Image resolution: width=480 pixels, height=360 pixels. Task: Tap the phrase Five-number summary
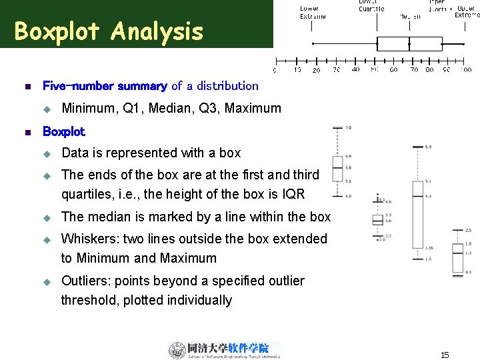tap(105, 85)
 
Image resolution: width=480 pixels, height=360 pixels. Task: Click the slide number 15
tap(445, 355)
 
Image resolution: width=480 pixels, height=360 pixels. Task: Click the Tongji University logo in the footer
tap(224, 350)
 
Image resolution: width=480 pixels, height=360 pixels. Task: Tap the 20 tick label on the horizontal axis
tap(316, 70)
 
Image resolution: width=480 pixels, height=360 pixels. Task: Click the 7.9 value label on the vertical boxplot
tap(349, 127)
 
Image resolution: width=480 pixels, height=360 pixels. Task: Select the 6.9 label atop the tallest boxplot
tap(428, 146)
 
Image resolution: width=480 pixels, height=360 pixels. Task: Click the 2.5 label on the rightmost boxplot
tap(468, 230)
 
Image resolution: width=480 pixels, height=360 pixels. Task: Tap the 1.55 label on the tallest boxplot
tap(429, 247)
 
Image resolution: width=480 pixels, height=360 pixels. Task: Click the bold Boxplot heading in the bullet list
tap(64, 131)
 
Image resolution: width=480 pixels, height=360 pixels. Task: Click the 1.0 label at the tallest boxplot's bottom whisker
tap(428, 258)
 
